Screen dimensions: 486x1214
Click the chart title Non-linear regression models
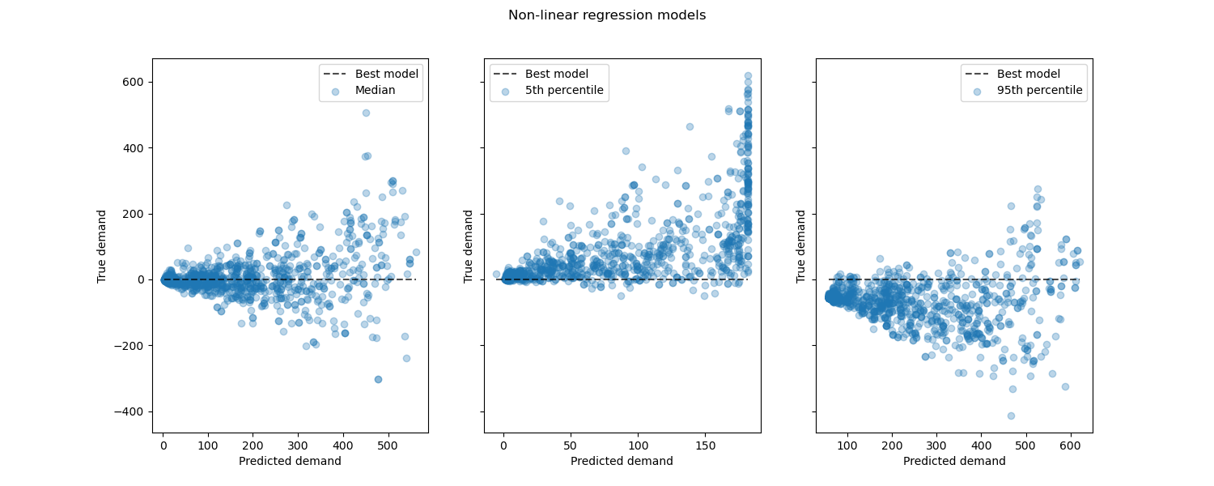(x=606, y=15)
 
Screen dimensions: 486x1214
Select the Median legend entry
(x=375, y=90)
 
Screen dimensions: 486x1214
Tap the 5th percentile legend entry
(x=563, y=90)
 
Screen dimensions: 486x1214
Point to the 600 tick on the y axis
(x=133, y=82)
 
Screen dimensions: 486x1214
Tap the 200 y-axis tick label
(x=133, y=214)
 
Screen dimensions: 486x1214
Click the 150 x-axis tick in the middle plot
(x=705, y=446)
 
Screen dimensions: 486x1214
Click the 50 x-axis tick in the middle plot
(x=571, y=446)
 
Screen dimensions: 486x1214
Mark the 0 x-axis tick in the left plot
(x=163, y=446)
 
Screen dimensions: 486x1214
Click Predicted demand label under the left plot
(x=290, y=461)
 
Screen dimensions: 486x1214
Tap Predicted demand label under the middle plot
(x=622, y=461)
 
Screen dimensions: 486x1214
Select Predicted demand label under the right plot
(x=954, y=461)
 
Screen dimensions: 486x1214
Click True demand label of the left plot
(x=102, y=246)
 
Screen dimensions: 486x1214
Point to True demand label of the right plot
(x=801, y=246)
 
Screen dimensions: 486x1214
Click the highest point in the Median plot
(x=366, y=113)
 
